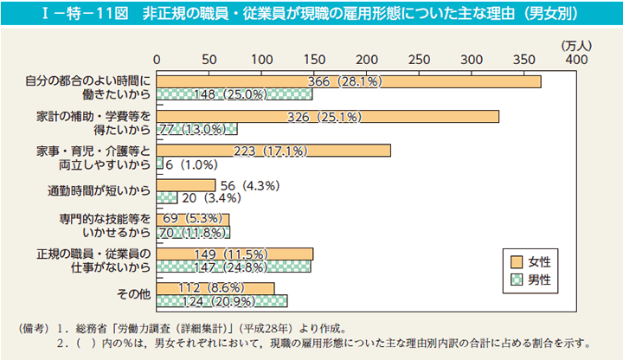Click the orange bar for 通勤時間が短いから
pos(187,185)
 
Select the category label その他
pos(134,295)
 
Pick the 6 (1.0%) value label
pos(194,164)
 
